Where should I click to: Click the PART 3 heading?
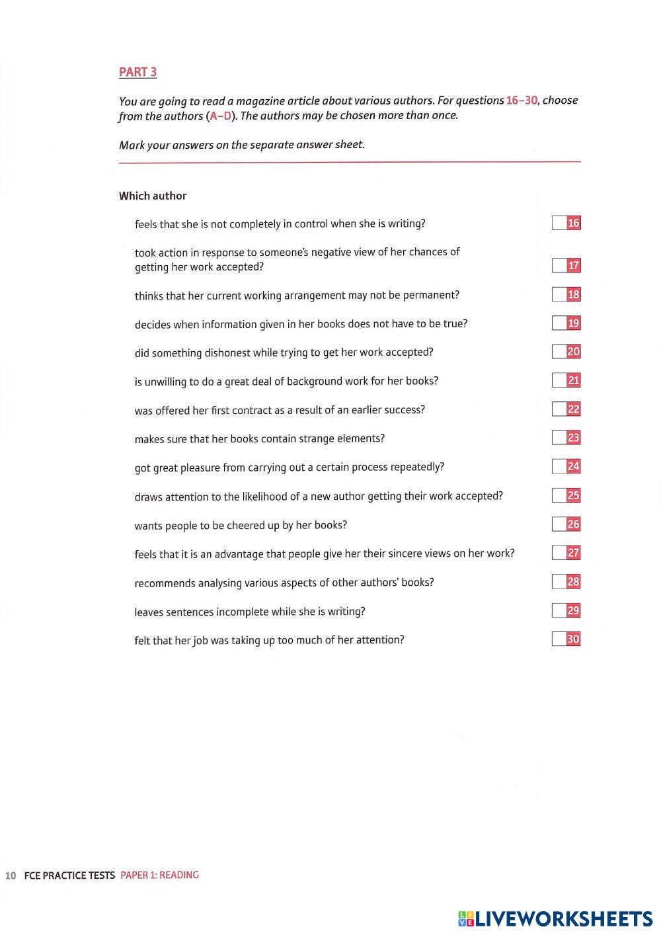pos(137,72)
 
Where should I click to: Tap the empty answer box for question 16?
pos(559,223)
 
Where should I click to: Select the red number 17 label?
pos(574,266)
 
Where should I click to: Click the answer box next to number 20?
pos(559,352)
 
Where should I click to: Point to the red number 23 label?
pos(574,438)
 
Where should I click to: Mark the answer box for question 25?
pos(559,495)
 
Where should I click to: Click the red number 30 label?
pos(574,639)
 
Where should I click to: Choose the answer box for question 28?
pos(559,582)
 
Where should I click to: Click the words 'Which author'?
pos(153,196)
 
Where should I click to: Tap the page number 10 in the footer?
pos(11,875)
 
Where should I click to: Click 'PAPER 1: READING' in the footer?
pos(159,875)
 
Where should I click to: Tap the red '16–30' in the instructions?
pos(522,101)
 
